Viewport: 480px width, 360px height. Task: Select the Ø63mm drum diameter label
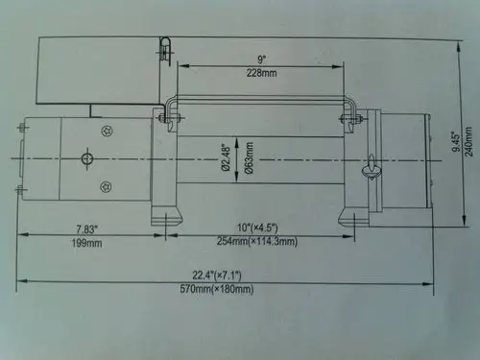249,154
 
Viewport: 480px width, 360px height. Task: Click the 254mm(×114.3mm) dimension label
258,240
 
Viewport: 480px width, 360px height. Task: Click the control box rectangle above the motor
97,71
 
